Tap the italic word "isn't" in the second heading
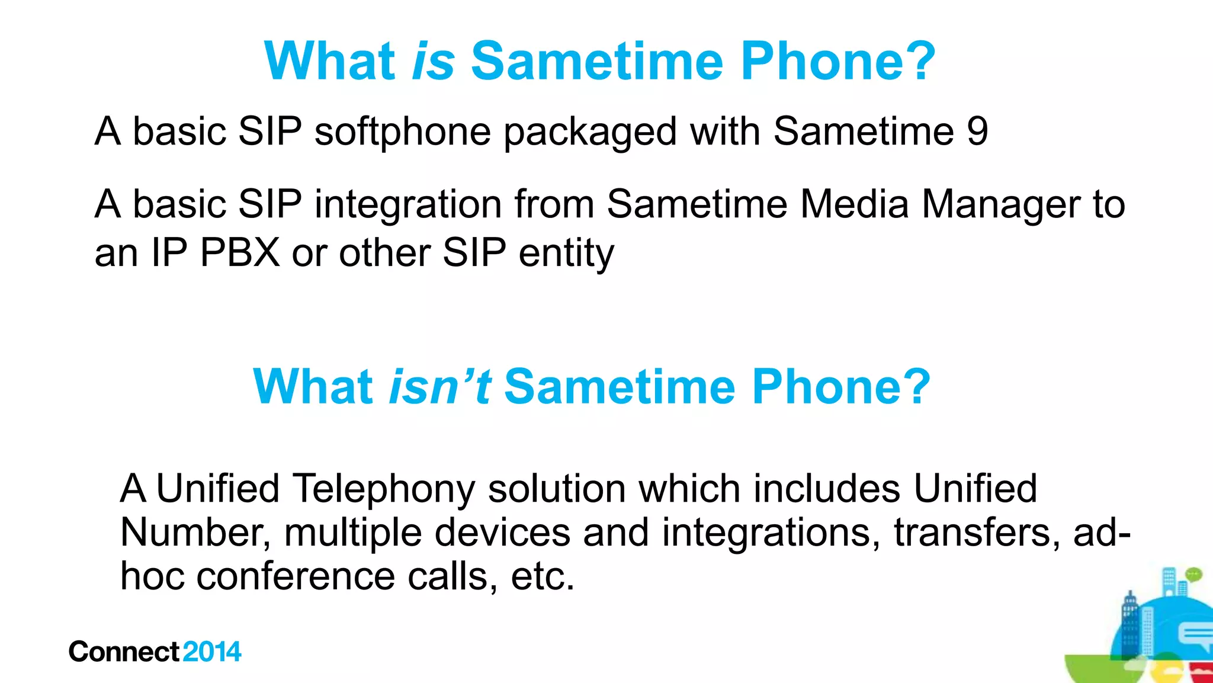[439, 387]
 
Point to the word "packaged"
[590, 133]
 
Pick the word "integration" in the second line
[407, 205]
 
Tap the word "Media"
[855, 204]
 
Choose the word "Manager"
[1001, 205]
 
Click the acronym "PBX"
[240, 253]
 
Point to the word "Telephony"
[383, 490]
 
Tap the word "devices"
[502, 533]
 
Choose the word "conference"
[295, 576]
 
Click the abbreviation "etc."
[543, 576]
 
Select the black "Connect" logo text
[123, 652]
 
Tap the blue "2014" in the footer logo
[212, 652]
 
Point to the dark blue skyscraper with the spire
[1130, 622]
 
